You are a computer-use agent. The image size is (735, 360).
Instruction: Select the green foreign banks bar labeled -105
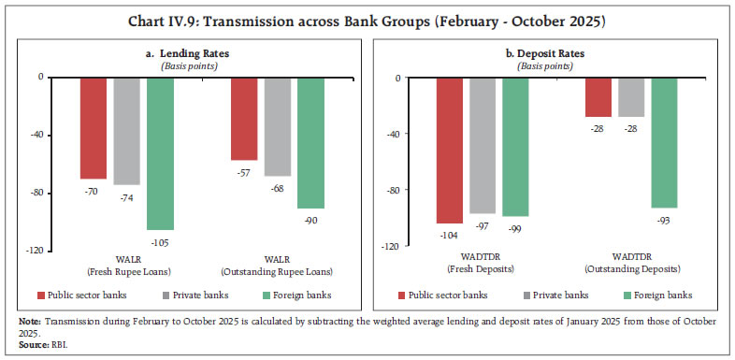pyautogui.click(x=161, y=153)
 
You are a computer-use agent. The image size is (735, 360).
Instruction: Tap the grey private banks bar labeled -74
pyautogui.click(x=126, y=131)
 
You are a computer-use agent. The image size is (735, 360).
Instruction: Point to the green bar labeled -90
pyautogui.click(x=311, y=142)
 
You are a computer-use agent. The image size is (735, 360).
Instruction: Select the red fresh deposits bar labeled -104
pyautogui.click(x=450, y=151)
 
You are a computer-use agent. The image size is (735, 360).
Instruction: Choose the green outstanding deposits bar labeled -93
pyautogui.click(x=665, y=142)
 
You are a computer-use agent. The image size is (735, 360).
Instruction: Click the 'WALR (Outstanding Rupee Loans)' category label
pyautogui.click(x=278, y=266)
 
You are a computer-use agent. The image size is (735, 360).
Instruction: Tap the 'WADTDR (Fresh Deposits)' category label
pyautogui.click(x=483, y=266)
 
